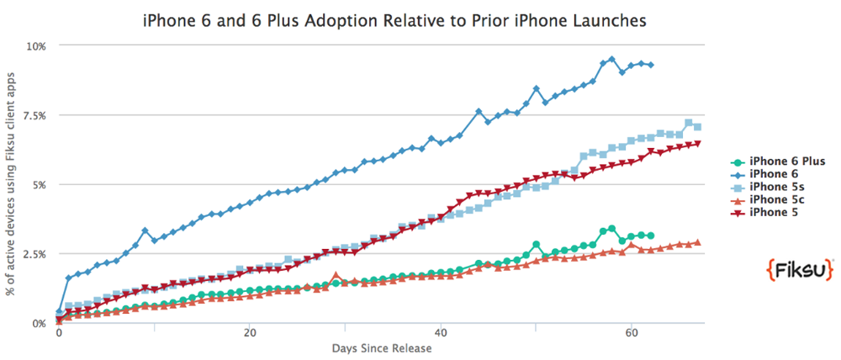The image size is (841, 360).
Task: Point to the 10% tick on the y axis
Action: [36, 45]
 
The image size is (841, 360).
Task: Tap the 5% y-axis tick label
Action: [39, 184]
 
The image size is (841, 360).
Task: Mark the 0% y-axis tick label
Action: [39, 323]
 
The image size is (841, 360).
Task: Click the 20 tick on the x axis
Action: [250, 333]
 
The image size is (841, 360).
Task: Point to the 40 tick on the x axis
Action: [441, 333]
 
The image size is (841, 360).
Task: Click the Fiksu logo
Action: [798, 270]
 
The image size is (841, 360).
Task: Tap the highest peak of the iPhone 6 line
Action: [611, 60]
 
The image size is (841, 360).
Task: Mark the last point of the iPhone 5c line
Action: [697, 242]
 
